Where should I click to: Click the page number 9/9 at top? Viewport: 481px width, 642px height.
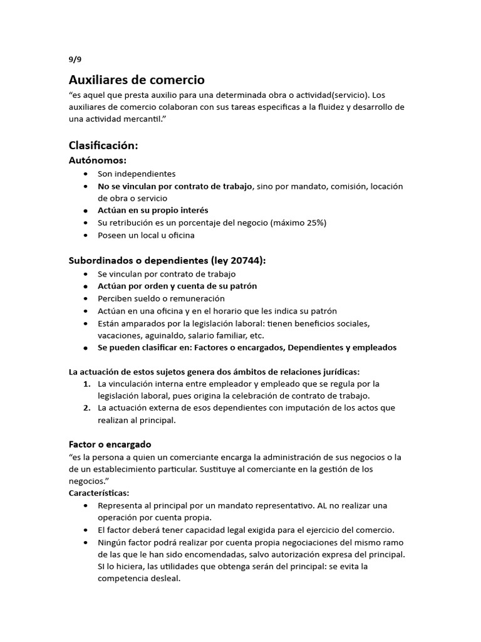[75, 60]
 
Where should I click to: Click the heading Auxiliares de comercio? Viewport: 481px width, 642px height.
[136, 80]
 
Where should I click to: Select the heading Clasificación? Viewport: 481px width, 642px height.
[103, 145]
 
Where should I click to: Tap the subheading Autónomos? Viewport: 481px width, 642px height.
[97, 160]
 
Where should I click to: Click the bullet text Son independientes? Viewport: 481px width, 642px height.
[137, 174]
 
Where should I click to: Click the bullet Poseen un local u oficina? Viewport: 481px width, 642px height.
[146, 235]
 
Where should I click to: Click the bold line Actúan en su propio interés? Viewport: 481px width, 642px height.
[153, 211]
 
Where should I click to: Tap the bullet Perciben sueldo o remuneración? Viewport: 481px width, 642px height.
[161, 298]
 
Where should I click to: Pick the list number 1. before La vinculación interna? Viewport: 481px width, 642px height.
[88, 383]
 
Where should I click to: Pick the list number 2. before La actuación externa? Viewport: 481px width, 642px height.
[88, 408]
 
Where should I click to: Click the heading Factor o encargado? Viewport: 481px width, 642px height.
[110, 444]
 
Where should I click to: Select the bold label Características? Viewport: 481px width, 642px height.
[98, 493]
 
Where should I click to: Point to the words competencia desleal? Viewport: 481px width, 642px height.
[139, 579]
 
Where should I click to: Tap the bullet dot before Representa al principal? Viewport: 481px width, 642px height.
[85, 505]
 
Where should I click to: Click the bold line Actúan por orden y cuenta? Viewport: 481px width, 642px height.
[177, 286]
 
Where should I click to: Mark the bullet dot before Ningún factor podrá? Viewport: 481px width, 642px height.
[85, 542]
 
